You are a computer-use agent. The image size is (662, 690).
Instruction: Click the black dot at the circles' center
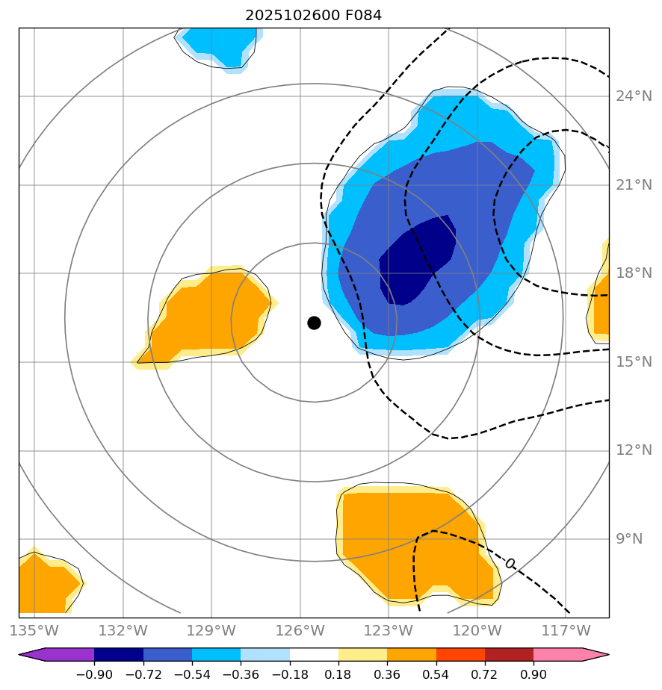click(x=314, y=323)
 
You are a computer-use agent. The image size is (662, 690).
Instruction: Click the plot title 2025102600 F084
click(x=314, y=16)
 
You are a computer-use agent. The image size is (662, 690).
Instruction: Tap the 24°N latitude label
click(x=634, y=96)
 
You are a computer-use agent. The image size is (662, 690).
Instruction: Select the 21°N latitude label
click(x=634, y=185)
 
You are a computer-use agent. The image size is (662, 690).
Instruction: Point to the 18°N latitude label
click(x=634, y=273)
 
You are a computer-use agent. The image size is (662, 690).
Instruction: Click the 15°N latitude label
click(x=634, y=362)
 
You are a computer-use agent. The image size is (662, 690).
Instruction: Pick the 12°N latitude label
click(x=634, y=450)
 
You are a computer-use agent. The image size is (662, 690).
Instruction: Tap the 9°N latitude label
click(x=630, y=539)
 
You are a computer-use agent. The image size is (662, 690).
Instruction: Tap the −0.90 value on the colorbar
click(x=94, y=675)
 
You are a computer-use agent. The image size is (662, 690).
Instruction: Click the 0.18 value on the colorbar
click(x=338, y=675)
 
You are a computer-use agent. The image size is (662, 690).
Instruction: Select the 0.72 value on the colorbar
click(x=485, y=675)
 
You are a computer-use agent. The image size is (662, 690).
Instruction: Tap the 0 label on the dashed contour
click(x=510, y=563)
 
